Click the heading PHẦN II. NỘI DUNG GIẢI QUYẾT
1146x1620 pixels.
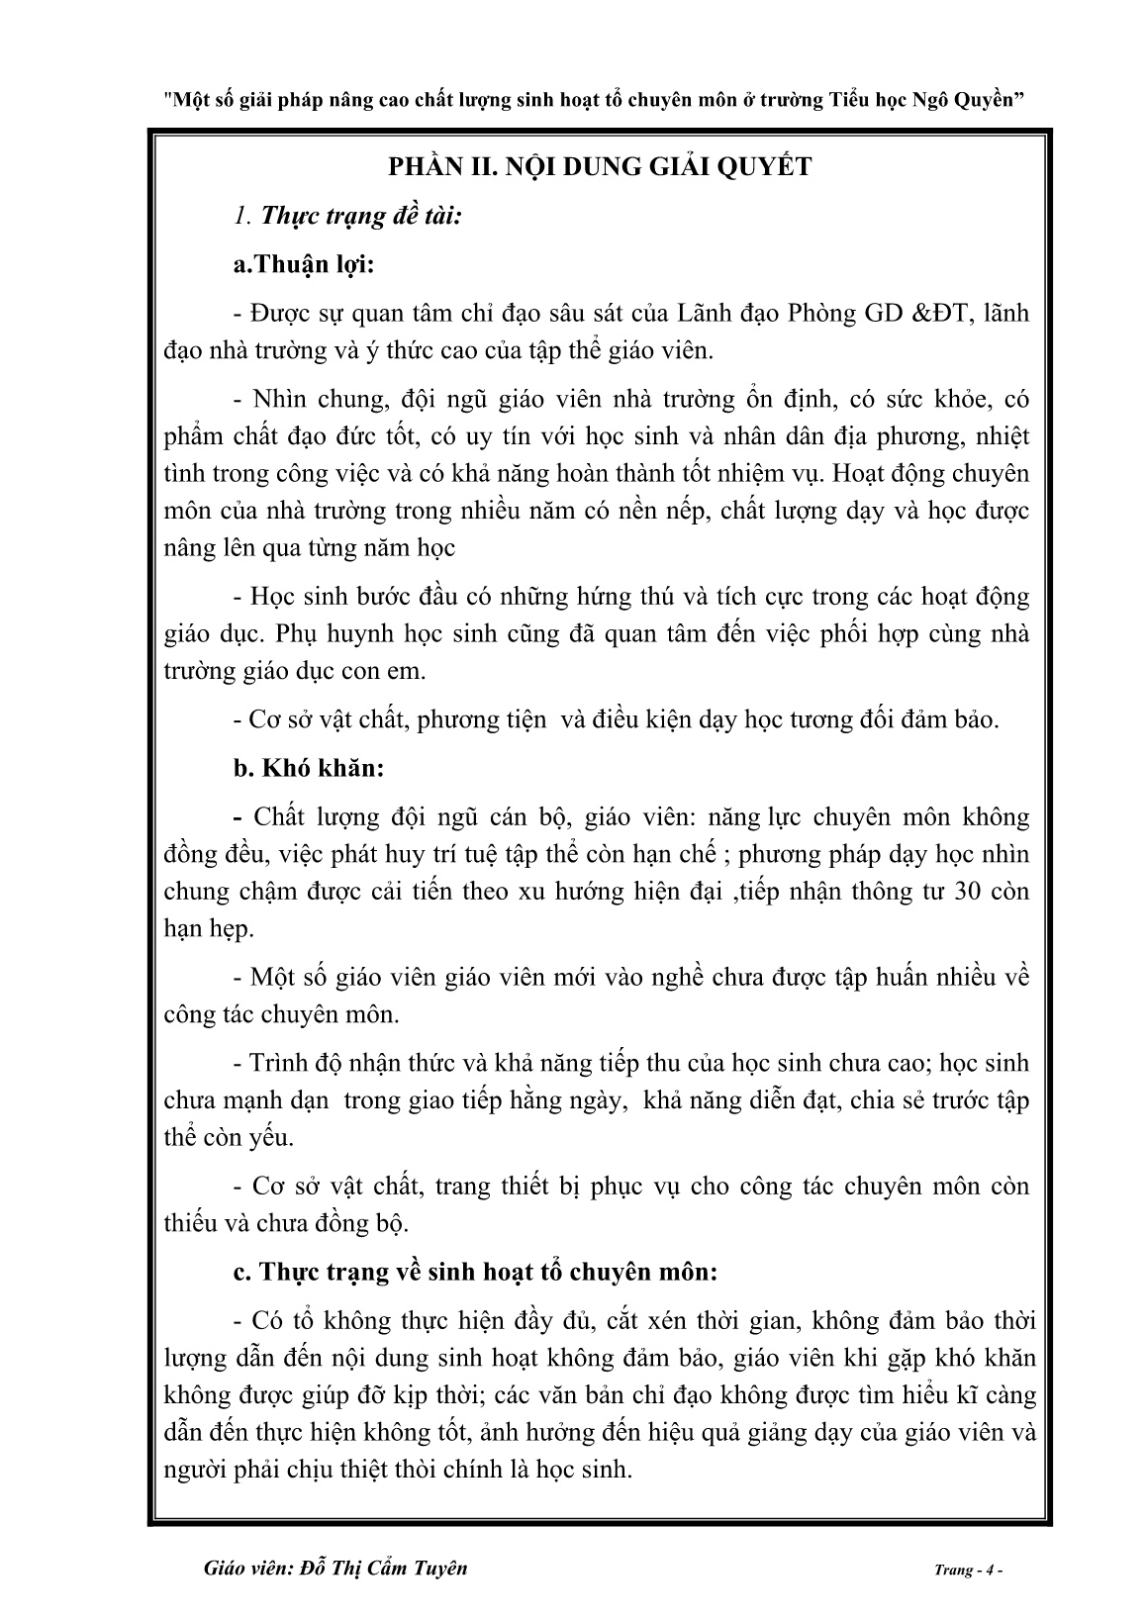coord(600,166)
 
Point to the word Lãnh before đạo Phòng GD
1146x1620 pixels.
coord(705,314)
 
